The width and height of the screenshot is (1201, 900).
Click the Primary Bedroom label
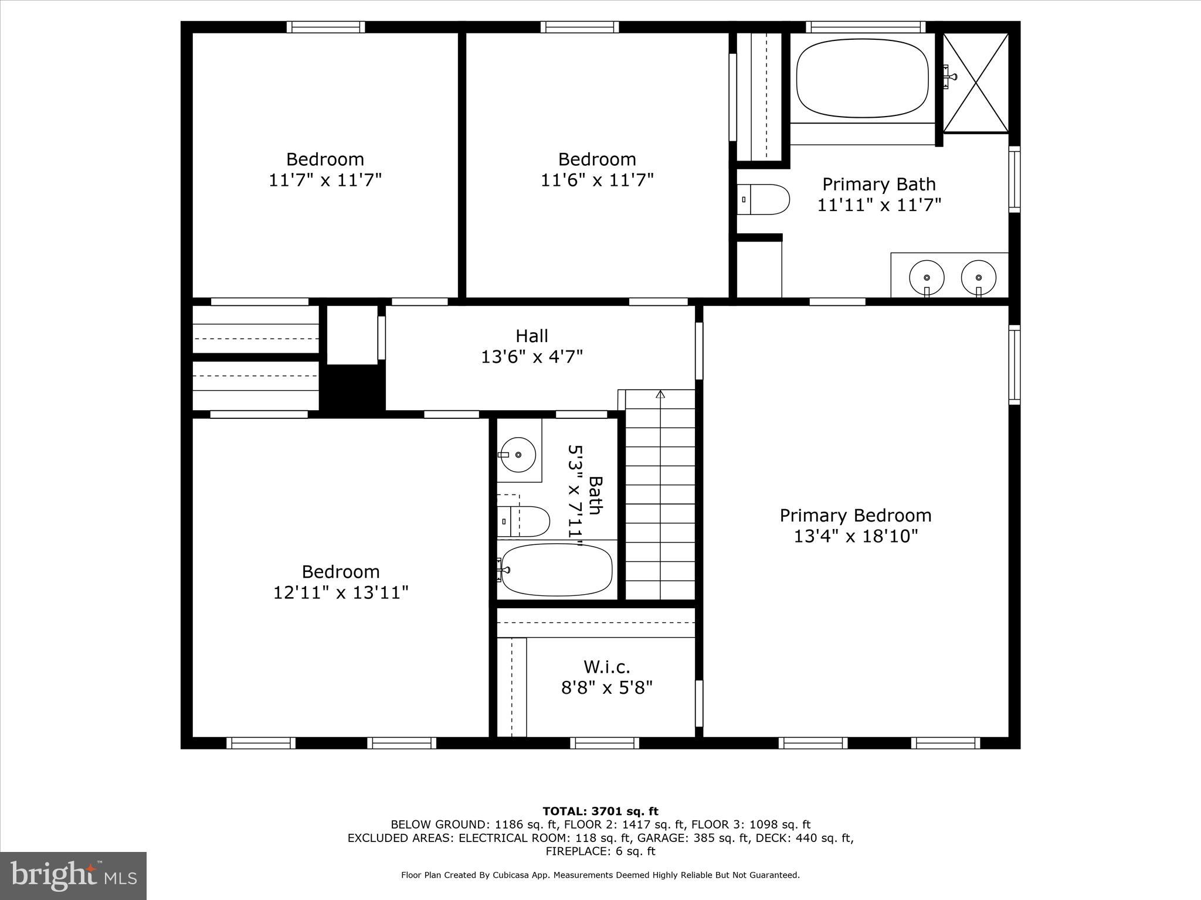click(x=855, y=516)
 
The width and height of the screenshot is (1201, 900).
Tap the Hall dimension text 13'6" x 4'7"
click(x=532, y=357)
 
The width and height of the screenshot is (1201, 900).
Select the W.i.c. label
click(x=607, y=667)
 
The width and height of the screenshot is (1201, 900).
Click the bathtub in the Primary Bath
click(x=862, y=78)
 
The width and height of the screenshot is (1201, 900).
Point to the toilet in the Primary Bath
click(x=764, y=199)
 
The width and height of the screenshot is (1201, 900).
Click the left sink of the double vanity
click(x=927, y=278)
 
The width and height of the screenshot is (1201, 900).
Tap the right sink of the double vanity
click(x=978, y=278)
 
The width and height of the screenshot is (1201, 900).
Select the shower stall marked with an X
click(x=976, y=82)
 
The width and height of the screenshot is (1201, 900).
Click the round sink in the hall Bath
click(x=518, y=454)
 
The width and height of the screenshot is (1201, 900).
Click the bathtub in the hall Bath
click(x=557, y=570)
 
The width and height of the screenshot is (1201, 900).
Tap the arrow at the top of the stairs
click(x=660, y=394)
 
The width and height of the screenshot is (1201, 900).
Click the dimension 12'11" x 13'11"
click(x=341, y=592)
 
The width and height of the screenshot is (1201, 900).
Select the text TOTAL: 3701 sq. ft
click(x=600, y=812)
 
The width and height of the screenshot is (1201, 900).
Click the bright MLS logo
click(x=73, y=875)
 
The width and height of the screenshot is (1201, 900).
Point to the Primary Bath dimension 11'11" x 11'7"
click(x=879, y=205)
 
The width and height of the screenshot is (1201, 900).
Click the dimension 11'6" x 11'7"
click(x=597, y=180)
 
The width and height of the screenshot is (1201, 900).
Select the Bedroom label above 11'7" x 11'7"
click(x=325, y=159)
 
